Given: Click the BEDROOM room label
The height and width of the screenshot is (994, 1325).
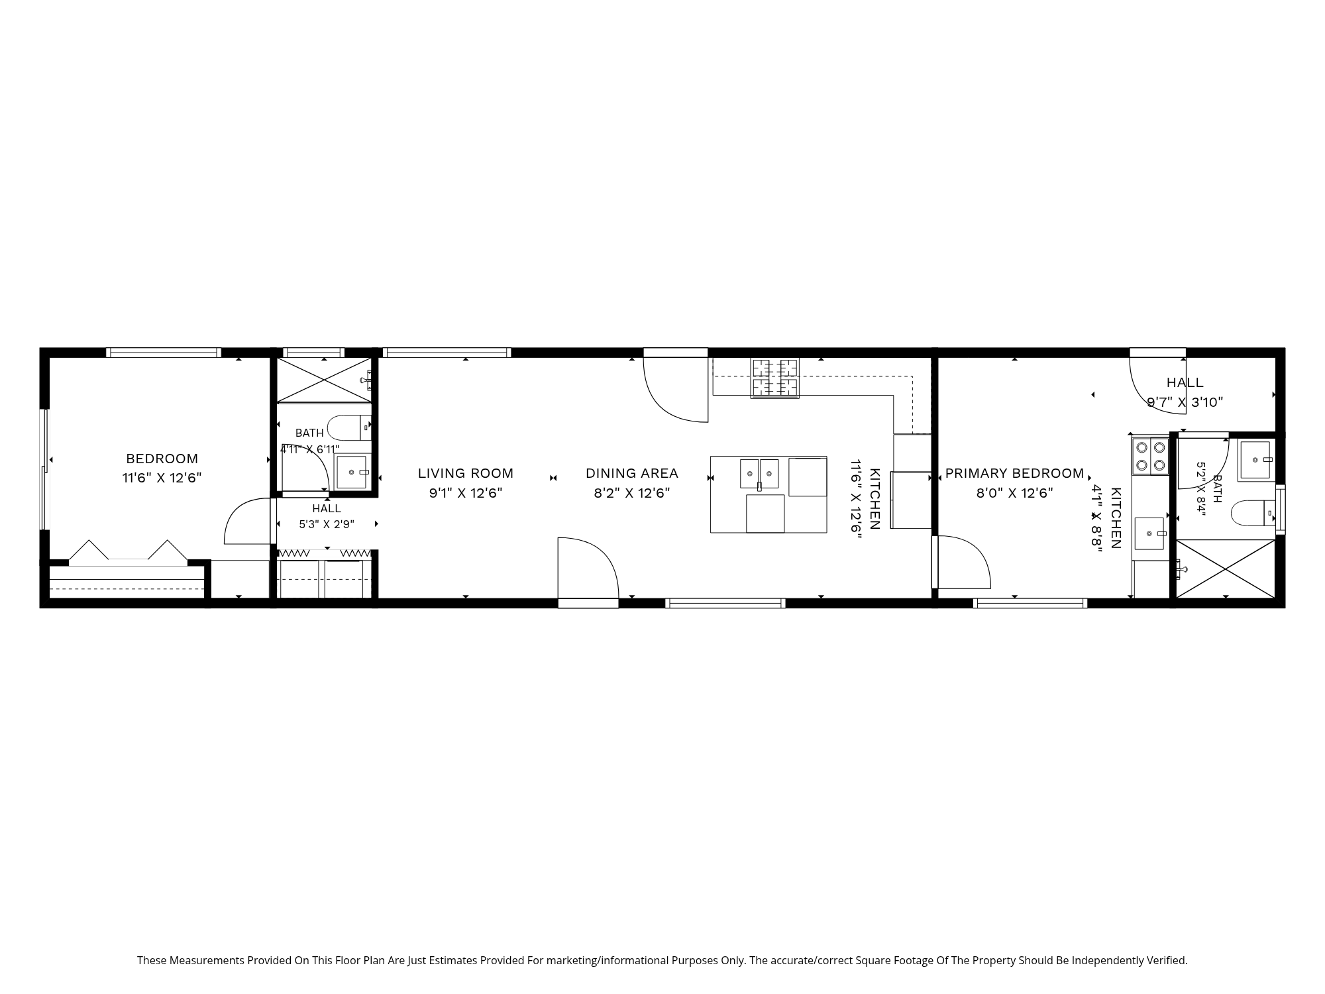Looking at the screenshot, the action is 162,459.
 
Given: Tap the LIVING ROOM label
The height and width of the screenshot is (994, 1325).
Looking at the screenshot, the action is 466,473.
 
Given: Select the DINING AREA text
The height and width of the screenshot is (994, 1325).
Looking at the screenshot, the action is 632,473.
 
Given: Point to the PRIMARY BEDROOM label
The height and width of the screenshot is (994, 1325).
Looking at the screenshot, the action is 1014,473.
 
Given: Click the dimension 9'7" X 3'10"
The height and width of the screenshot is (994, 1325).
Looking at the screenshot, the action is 1185,402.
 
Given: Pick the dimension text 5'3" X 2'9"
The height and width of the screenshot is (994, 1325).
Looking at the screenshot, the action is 327,524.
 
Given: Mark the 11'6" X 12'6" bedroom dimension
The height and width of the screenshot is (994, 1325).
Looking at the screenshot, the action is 162,478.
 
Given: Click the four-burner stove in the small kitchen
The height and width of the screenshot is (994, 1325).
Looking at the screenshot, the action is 1150,456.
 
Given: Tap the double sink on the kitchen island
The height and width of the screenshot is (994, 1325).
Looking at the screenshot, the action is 759,473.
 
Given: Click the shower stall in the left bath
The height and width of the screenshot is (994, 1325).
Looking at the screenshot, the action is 324,380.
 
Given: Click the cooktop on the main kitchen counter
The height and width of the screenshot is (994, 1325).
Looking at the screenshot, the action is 774,378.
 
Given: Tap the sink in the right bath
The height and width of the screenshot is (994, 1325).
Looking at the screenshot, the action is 1257,459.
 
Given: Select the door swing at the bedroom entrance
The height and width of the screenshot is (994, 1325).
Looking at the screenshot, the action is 246,521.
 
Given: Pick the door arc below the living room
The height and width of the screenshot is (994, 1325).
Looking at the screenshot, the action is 588,568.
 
